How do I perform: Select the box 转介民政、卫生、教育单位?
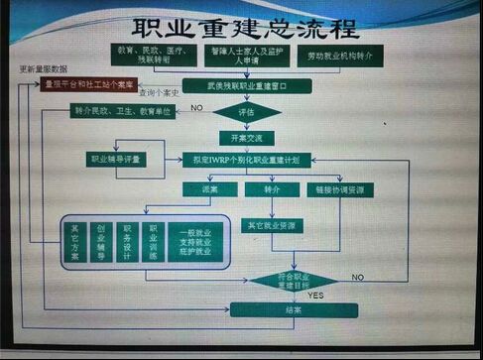123,111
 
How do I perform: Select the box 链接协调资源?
345,188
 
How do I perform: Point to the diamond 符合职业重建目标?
299,280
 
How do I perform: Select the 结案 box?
294,309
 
